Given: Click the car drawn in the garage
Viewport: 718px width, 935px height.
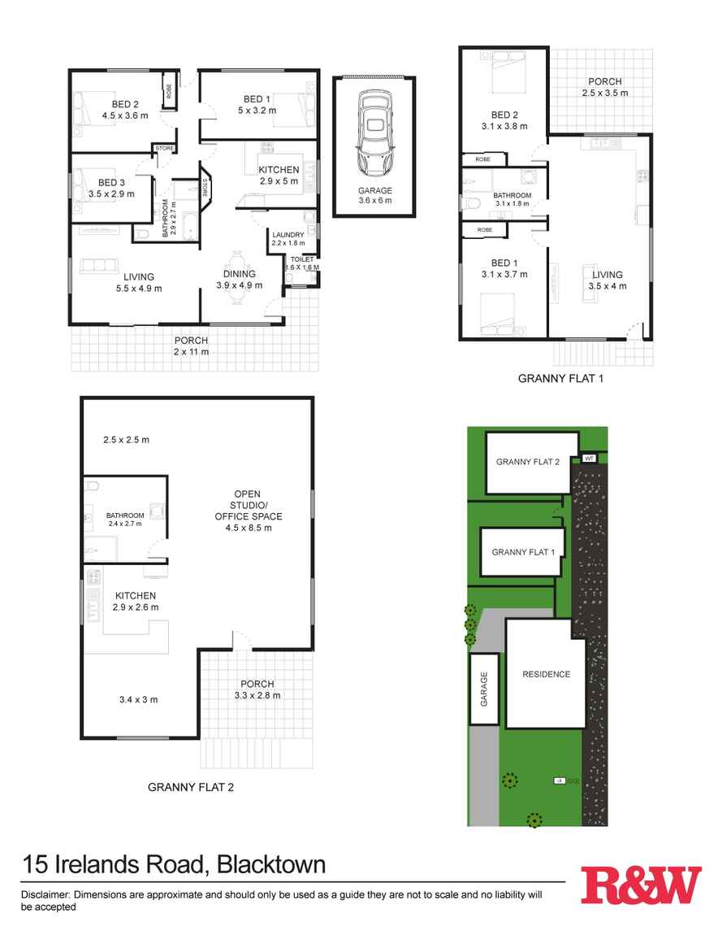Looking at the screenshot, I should coord(374,133).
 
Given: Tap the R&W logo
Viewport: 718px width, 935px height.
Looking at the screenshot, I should coord(641,885).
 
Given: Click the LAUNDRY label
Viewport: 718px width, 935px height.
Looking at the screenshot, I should coord(288,236).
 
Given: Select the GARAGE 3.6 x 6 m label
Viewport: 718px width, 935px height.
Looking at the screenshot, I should coord(374,195).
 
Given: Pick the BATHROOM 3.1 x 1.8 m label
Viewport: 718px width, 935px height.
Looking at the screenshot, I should coord(512,199).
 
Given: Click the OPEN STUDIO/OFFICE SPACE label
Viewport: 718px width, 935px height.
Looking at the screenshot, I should coord(248,511).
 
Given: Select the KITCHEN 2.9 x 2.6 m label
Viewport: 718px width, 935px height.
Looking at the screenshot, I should coord(135,601).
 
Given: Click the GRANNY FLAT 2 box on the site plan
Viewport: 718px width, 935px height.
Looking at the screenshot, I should coord(529,462).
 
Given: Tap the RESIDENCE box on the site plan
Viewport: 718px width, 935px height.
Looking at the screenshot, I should coord(546,674).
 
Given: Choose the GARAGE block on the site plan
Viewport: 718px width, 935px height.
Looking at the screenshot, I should coord(484,688).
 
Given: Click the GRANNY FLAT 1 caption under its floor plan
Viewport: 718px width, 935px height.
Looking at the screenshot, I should coord(560,378).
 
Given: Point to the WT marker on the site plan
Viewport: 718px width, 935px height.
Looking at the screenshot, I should coord(589,459).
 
